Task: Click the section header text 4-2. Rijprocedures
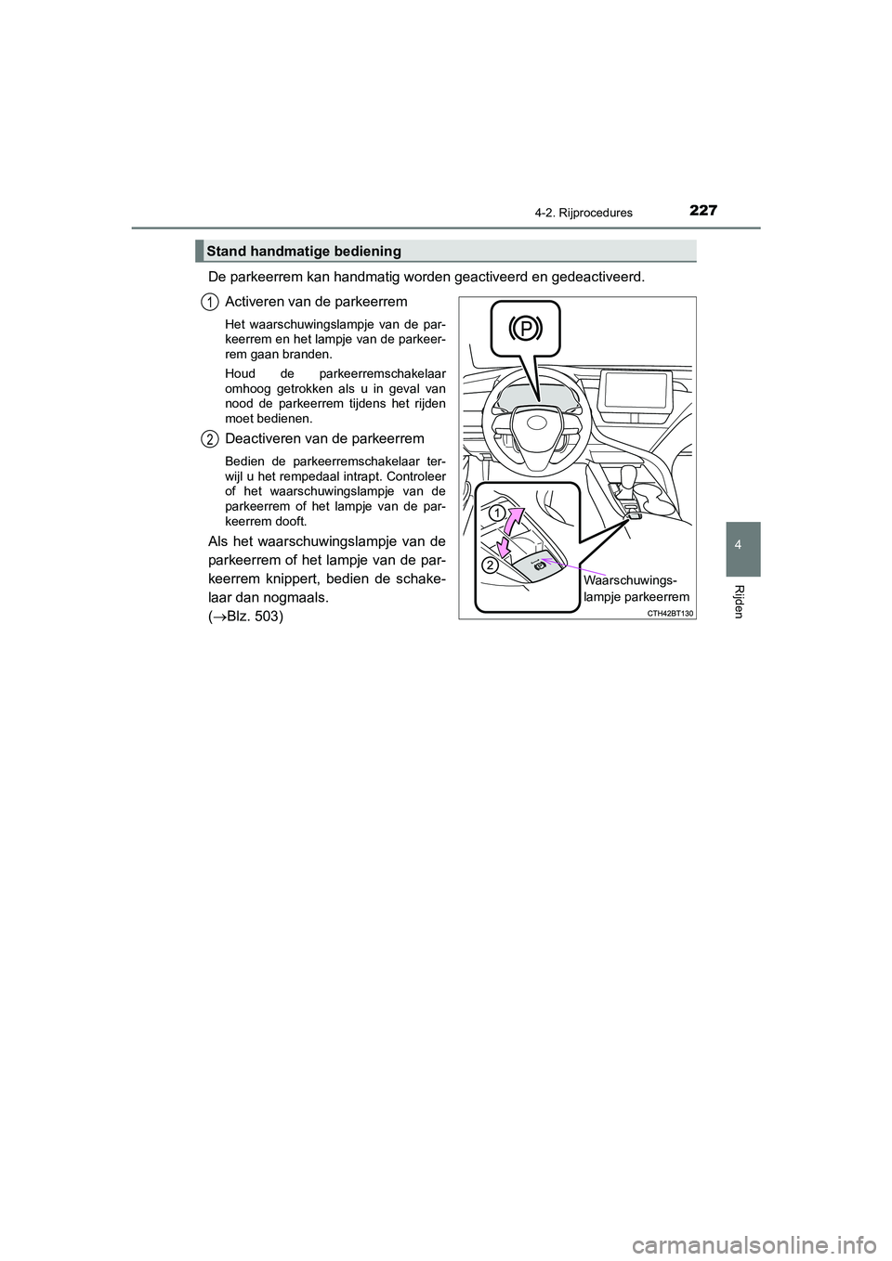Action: click(x=587, y=213)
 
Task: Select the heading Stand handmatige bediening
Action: click(x=304, y=251)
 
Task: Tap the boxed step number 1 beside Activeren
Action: click(x=211, y=300)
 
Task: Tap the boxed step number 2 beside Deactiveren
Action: click(x=211, y=438)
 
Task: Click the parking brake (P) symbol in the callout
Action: click(x=526, y=329)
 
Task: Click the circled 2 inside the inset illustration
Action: click(x=490, y=565)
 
